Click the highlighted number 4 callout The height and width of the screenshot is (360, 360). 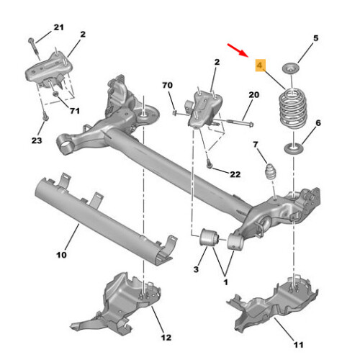tap(260, 66)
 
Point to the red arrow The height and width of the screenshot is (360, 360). tap(238, 50)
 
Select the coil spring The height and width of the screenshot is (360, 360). tap(292, 109)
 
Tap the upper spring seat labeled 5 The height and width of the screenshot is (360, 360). tap(291, 68)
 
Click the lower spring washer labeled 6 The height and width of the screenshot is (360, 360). tap(294, 149)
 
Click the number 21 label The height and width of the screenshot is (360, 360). tap(58, 27)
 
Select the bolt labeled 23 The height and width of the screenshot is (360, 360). tap(45, 117)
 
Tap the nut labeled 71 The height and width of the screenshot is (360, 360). tap(55, 94)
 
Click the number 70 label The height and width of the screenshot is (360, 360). tap(167, 85)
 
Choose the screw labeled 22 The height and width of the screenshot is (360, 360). tap(210, 164)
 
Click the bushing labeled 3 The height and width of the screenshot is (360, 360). tap(209, 237)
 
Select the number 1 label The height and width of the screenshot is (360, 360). tap(225, 282)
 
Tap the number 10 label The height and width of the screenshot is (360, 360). tap(61, 255)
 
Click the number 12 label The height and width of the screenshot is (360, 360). tap(166, 338)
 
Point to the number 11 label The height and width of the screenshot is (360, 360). tap(299, 345)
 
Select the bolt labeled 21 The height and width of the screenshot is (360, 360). tap(35, 49)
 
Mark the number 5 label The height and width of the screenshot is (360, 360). tap(316, 38)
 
